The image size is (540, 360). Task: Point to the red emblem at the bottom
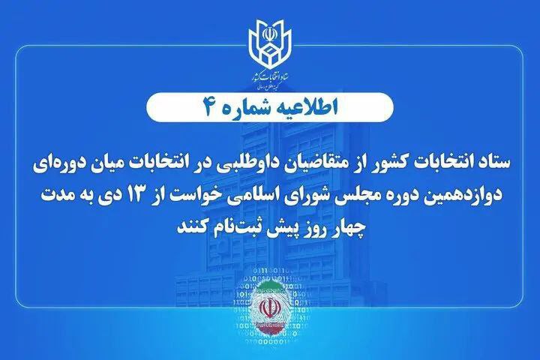[x=269, y=307]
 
